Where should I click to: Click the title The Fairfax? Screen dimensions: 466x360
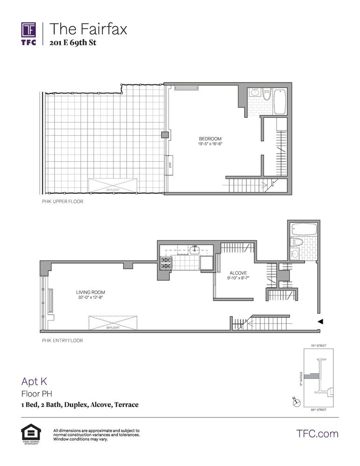(x=88, y=29)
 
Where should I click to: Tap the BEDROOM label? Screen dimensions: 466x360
(x=210, y=139)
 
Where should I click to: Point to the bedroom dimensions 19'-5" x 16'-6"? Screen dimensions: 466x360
(x=210, y=144)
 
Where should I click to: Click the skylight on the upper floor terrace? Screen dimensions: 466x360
(x=113, y=185)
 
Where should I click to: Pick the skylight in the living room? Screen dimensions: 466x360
(x=113, y=322)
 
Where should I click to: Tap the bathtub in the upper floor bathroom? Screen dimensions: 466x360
(x=280, y=101)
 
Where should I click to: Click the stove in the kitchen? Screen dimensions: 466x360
(x=166, y=263)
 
